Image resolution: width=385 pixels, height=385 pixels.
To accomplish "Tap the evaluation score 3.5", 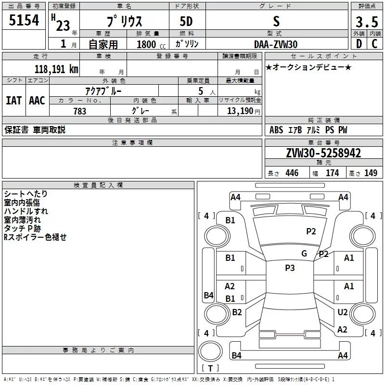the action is pos(366,22).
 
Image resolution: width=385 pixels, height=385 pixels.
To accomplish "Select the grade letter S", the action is pos(276,21).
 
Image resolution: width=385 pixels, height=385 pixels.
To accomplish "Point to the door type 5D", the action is pos(187,22).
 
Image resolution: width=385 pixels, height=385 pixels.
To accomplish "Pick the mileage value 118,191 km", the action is pos(56,69).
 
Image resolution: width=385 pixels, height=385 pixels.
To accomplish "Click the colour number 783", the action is pos(80,111).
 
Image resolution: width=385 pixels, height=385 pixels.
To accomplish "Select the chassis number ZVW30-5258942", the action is pos(323,153).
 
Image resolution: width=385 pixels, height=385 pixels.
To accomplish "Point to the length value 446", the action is pos(292,173).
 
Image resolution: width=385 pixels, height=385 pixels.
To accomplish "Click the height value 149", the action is pos(371,173).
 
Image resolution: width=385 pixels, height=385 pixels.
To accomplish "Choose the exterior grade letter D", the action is pos(358,44).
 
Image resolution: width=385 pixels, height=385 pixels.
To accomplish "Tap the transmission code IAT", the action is pos(13,100).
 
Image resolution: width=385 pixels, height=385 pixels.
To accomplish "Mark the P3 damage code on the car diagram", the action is pos(289,268).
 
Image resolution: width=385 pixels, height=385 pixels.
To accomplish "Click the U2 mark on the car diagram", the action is pos(342,312).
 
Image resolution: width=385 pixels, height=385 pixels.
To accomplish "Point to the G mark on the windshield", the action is pos(304,254).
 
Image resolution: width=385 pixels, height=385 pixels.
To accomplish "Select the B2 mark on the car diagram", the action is pos(237,312).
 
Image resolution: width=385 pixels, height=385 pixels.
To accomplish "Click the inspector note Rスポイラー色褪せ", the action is pos(35,237).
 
